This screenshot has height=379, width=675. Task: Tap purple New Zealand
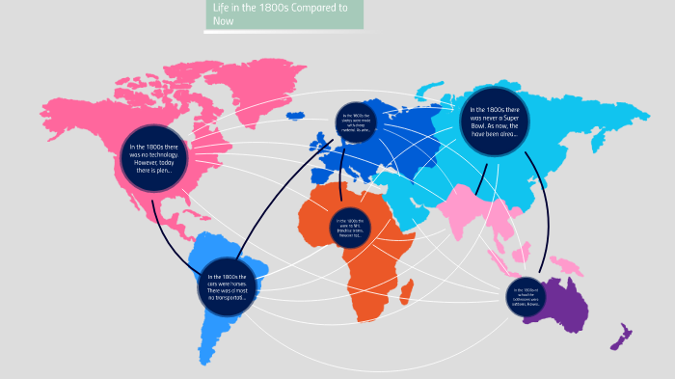click(620, 338)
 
